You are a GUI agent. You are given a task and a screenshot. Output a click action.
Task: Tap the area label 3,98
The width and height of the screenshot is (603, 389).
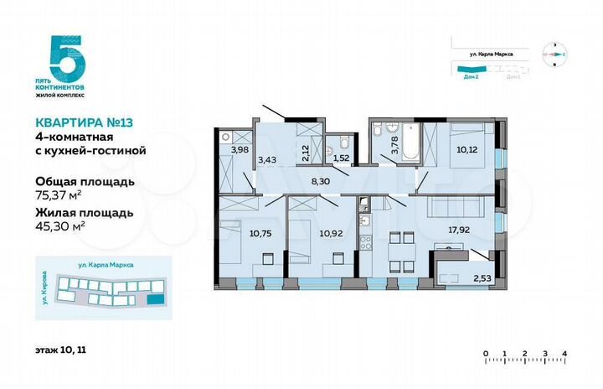(240, 150)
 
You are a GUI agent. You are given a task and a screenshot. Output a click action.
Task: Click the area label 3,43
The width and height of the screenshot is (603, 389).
(267, 158)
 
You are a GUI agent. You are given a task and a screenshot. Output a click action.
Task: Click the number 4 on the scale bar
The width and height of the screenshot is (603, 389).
(565, 353)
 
